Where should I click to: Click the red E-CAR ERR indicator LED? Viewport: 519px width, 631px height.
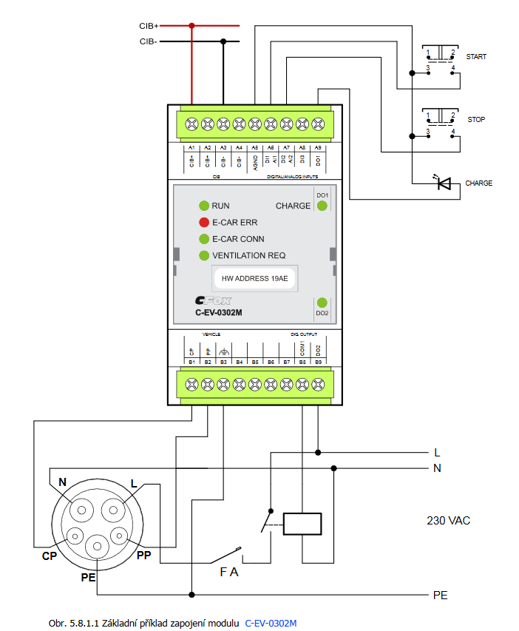coord(204,222)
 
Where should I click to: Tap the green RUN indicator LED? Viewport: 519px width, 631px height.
coord(204,206)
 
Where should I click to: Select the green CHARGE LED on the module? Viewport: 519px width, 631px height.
coord(322,206)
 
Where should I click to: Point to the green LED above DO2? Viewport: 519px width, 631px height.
coord(322,302)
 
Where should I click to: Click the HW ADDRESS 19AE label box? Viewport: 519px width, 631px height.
coord(254,280)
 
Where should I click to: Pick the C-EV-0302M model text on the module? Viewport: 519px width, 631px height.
coord(219,313)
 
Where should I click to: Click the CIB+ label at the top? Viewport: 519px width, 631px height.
coord(148,25)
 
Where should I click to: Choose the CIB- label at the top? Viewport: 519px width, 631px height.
coord(148,41)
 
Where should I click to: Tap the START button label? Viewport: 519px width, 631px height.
coord(476,57)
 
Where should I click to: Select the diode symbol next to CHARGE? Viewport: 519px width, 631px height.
coord(444,183)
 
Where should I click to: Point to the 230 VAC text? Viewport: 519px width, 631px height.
coord(448,521)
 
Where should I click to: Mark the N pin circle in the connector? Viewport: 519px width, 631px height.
coord(81,510)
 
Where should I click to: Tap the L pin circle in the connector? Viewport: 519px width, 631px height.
coord(114,510)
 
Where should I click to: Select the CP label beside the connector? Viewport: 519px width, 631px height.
coord(50,556)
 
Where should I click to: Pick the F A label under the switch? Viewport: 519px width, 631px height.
coord(229,571)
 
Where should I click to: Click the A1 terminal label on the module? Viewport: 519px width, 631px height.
coord(191,148)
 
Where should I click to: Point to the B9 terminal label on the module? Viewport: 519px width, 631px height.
coord(318,362)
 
